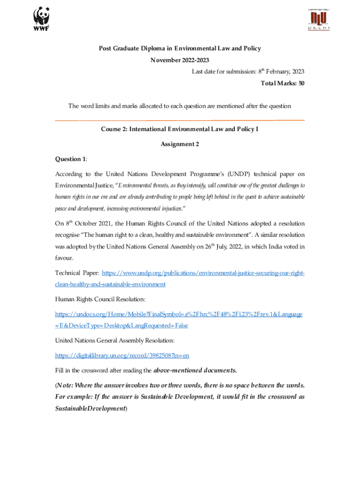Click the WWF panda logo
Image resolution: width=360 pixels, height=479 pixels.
click(41, 18)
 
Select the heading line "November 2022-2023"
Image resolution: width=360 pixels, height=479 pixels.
click(180, 60)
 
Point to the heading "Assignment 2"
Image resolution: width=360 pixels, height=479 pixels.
click(180, 144)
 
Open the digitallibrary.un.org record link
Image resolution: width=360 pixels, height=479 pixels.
click(125, 356)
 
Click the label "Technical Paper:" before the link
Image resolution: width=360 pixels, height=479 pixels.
click(77, 272)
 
